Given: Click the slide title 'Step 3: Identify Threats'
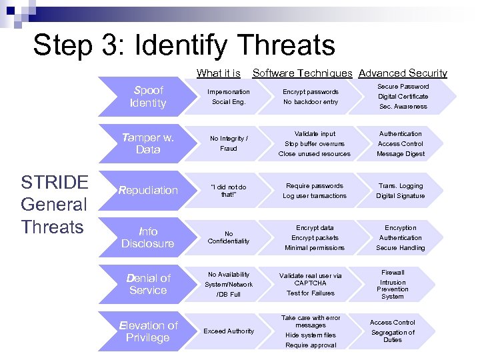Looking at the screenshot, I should coord(184,45).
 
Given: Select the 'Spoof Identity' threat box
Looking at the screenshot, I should coord(148,97).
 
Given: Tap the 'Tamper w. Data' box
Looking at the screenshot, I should coord(148,143).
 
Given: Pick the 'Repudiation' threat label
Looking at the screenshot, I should coord(148,191).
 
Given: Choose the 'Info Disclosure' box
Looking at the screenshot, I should coord(148,237).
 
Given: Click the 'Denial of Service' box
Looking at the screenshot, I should coord(148,284).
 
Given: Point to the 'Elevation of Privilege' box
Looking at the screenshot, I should coord(148,331).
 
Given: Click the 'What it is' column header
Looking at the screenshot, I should coord(219,73).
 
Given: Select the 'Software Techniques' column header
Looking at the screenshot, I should coord(302,73).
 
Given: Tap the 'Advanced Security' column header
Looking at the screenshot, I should coord(403,73).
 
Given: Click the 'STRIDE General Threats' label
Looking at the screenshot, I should coord(54,205).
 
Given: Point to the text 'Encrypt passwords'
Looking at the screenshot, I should coord(311,92).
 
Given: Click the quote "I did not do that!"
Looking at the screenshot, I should coord(229,191).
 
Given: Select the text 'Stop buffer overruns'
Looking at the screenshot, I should coord(315,143).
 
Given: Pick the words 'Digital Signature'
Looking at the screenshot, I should coord(400,196).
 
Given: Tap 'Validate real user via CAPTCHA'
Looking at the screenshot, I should coord(311,279).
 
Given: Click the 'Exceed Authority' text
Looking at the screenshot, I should coord(229,331).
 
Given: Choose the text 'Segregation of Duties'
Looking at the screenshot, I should coord(393,336).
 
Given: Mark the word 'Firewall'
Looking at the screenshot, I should coord(393,273).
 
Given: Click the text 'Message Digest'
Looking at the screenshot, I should coord(400,154).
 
